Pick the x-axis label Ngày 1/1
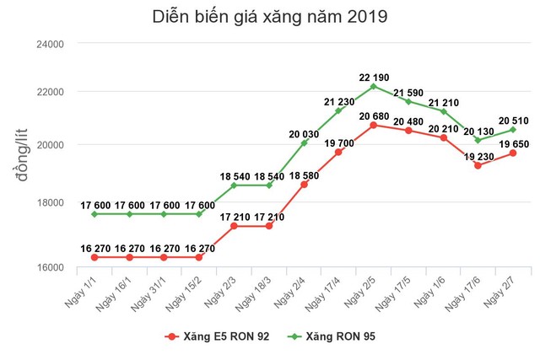[x=84, y=290]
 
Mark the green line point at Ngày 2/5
[x=373, y=86]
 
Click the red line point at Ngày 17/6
[x=478, y=165]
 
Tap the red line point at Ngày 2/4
[x=303, y=184]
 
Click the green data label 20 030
[x=303, y=133]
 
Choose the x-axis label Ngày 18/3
[x=256, y=292]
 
